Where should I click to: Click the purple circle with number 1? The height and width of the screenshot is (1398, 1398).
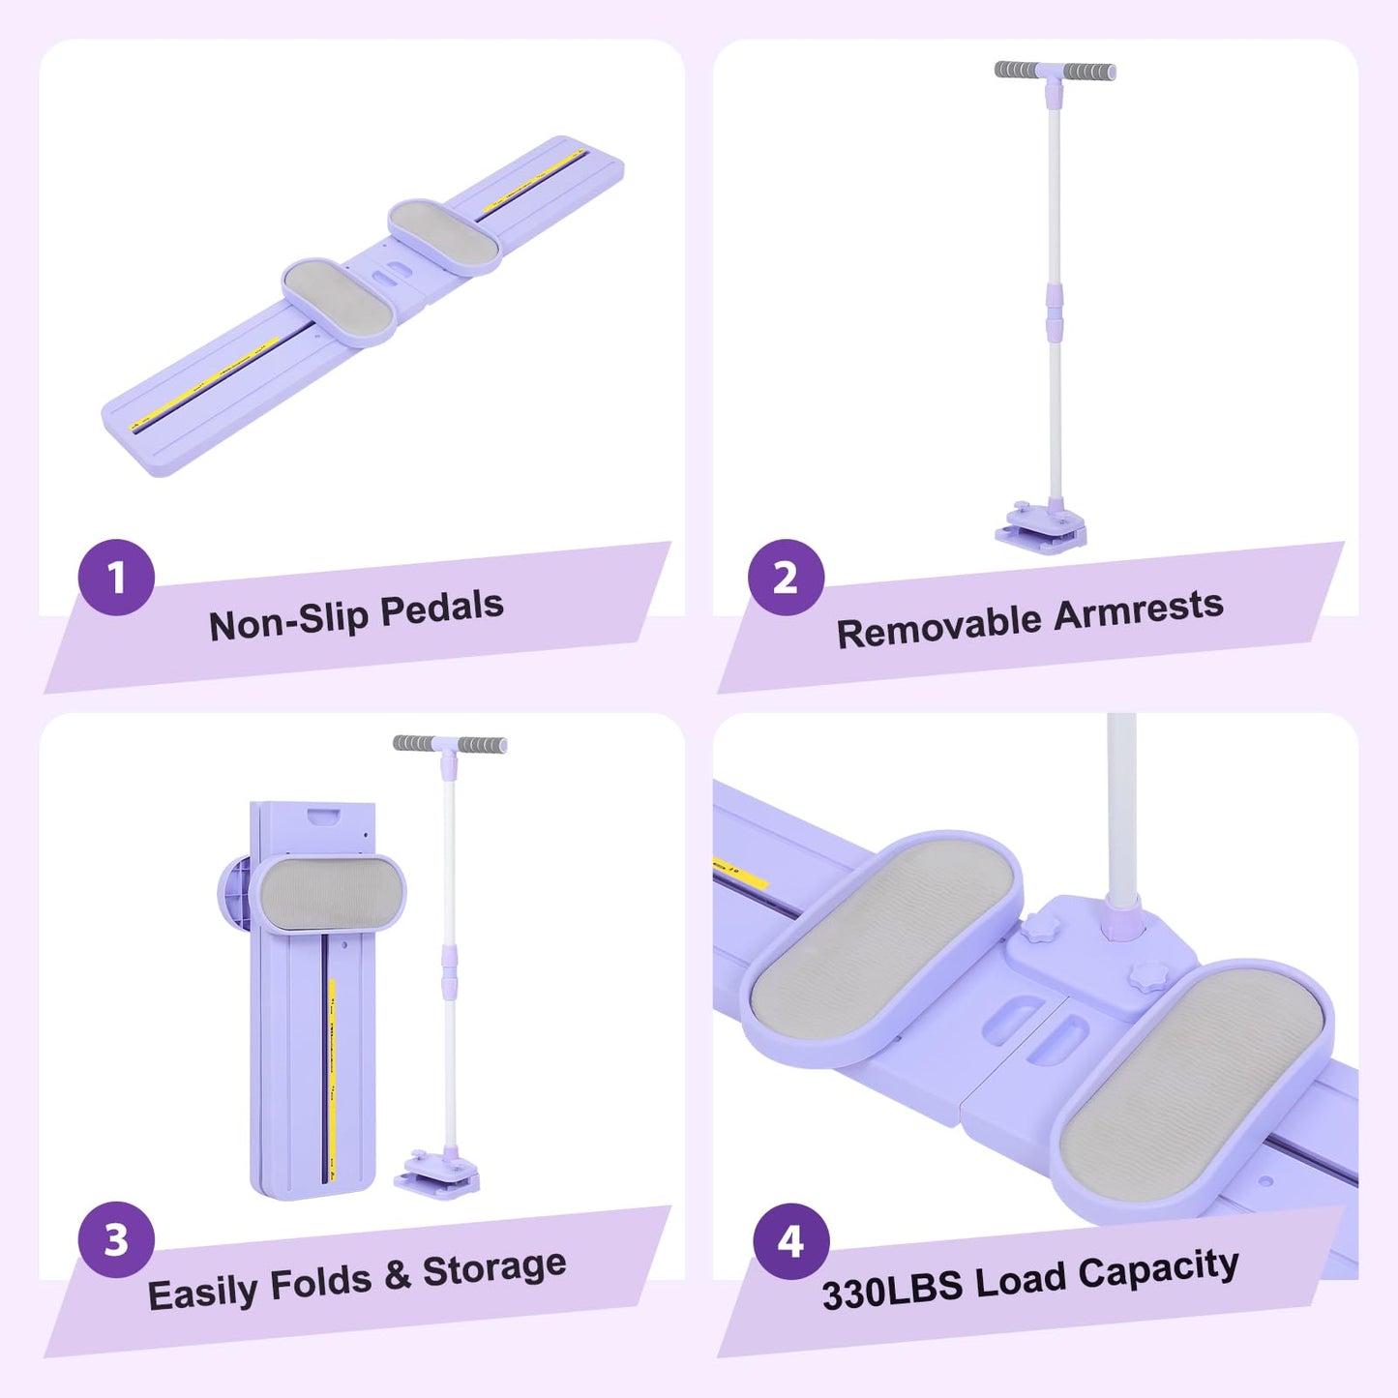click(116, 577)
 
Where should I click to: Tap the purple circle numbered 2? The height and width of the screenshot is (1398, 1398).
click(786, 577)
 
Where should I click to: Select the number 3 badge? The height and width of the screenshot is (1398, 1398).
click(116, 1239)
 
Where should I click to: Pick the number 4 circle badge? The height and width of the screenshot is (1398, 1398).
click(790, 1241)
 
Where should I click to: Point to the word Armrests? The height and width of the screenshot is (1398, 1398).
click(1139, 608)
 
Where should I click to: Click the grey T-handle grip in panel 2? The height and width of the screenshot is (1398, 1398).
click(1055, 71)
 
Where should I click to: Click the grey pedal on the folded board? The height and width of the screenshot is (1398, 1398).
click(328, 892)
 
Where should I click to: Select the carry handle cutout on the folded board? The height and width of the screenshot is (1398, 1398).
click(326, 818)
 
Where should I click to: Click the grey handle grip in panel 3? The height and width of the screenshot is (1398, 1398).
click(450, 744)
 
